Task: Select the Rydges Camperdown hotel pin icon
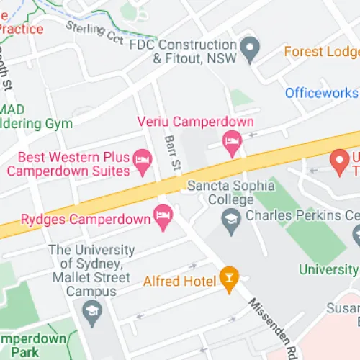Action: pos(163,215)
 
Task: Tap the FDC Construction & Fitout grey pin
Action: pos(251,49)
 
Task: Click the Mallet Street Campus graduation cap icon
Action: pos(92,312)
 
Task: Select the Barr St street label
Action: pos(172,153)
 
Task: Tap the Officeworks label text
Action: pos(320,93)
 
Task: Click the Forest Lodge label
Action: pos(321,52)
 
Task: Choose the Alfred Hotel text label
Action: pos(180,281)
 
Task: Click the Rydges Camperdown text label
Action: pos(84,217)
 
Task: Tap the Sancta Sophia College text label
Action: pos(230,192)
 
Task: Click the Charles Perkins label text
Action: pos(302,215)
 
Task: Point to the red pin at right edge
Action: pos(338,161)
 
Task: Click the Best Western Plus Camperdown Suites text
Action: pos(70,164)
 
